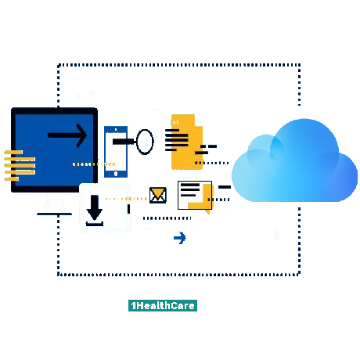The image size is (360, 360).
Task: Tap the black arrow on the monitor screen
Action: (x=67, y=135)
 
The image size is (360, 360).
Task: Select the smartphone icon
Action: (x=116, y=152)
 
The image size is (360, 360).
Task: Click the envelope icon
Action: (x=158, y=195)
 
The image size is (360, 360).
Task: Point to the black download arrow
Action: (x=94, y=207)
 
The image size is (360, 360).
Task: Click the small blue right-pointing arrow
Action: (x=180, y=238)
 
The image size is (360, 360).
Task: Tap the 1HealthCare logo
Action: (x=163, y=305)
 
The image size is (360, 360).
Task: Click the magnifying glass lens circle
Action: (x=145, y=142)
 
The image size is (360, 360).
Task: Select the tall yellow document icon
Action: (x=186, y=142)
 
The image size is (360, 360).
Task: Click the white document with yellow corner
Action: (x=195, y=195)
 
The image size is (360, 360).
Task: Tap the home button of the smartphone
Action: (x=116, y=174)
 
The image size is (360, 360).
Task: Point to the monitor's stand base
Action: (x=54, y=214)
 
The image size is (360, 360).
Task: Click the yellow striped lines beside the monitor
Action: (x=20, y=165)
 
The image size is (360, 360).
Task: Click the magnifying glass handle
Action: (x=124, y=142)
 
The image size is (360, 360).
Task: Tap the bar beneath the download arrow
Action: (x=95, y=224)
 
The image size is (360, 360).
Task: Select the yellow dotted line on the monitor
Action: (x=94, y=164)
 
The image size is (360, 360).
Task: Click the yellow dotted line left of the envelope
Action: (x=126, y=199)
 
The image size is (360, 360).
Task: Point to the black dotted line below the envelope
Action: (x=167, y=218)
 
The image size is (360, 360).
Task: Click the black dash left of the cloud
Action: (x=225, y=187)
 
